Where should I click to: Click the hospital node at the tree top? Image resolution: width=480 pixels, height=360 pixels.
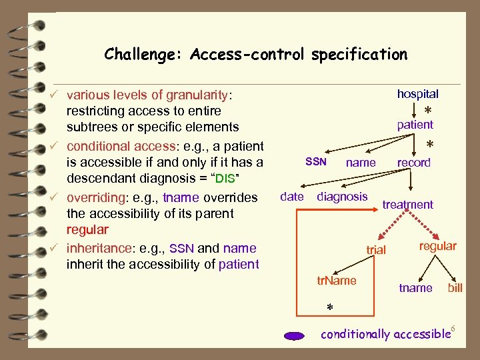click(x=417, y=94)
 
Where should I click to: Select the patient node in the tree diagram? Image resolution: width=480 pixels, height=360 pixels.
click(x=415, y=125)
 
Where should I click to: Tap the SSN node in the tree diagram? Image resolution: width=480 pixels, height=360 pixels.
click(x=315, y=161)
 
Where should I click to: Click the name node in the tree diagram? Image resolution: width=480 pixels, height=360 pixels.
click(x=361, y=163)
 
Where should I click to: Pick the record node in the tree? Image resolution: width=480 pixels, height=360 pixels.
click(x=413, y=163)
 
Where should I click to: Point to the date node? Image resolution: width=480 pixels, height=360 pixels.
click(x=292, y=196)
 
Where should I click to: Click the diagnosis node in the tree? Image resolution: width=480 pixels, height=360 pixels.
click(x=342, y=196)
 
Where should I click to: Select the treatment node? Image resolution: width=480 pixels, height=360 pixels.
click(x=407, y=205)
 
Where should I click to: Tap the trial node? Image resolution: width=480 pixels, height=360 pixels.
click(x=376, y=249)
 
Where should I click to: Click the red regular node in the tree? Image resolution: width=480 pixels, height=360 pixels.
click(x=437, y=246)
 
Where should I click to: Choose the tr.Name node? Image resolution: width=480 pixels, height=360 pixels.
click(x=337, y=281)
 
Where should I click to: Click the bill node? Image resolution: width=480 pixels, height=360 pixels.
click(x=455, y=288)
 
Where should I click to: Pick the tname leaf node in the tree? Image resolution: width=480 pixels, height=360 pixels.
click(x=415, y=288)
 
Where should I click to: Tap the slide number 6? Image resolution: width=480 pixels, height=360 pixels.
click(x=453, y=328)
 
